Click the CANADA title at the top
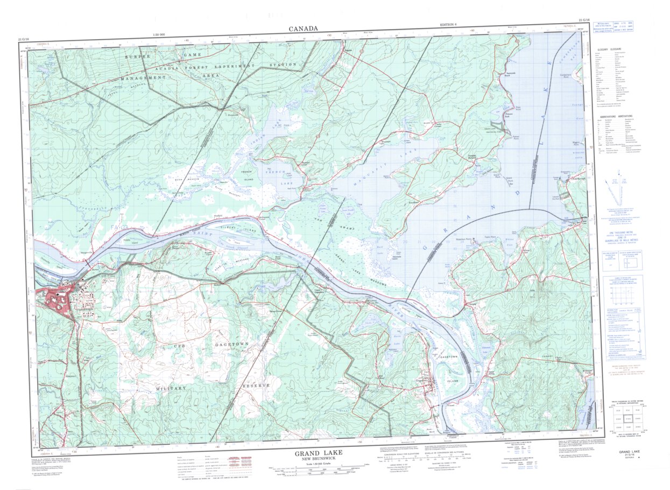pyautogui.click(x=303, y=29)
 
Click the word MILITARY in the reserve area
pyautogui.click(x=171, y=388)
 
